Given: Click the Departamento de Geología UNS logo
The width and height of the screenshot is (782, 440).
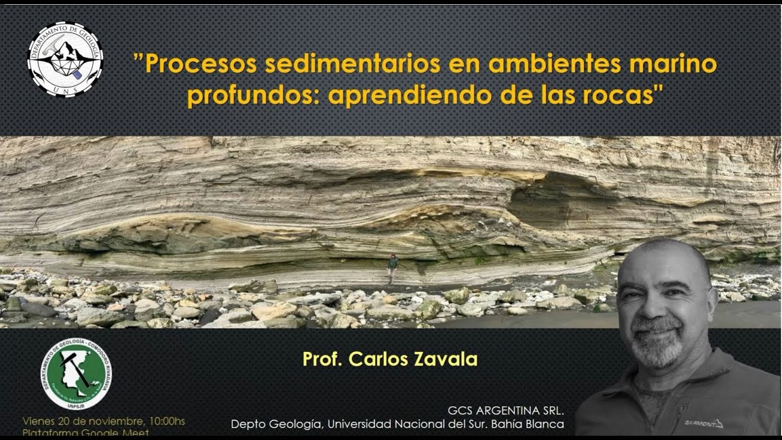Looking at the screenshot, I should [65, 59].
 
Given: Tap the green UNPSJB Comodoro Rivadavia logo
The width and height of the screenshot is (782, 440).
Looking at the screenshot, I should [76, 375].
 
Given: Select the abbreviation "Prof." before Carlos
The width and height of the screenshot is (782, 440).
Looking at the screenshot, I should [323, 359].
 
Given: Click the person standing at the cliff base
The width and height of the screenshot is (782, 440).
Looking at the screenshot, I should [392, 269].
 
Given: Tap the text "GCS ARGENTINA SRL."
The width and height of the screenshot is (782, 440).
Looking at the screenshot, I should [505, 409].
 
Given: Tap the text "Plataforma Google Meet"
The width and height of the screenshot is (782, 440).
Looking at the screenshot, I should [86, 433].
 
